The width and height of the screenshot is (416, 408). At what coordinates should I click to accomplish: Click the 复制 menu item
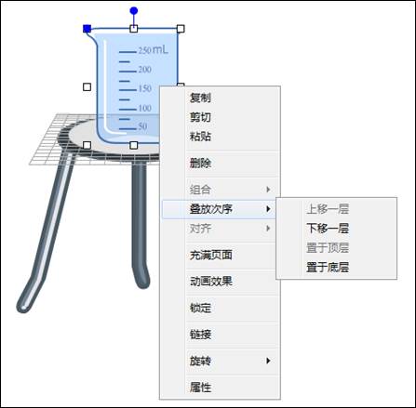coord(200,98)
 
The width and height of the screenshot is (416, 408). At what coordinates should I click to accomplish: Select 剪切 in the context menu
coord(200,117)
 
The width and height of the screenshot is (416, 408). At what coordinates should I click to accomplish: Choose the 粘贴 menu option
coord(200,137)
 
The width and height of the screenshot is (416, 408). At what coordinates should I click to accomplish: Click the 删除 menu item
coord(200,163)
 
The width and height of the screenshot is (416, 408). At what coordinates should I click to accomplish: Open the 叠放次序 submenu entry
coord(211,209)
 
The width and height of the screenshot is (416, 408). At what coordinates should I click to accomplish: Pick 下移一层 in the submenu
coord(328,229)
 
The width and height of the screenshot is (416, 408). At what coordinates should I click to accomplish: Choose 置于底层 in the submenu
coord(328,267)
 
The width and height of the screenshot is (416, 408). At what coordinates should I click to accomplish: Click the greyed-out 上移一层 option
coord(328,209)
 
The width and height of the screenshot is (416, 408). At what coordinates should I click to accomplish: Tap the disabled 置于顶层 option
coord(328,248)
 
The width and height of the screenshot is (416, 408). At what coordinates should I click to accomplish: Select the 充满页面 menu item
coord(211,255)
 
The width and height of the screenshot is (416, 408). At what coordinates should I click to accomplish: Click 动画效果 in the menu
coord(211,282)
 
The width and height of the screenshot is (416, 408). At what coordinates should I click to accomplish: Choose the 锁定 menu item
coord(200,308)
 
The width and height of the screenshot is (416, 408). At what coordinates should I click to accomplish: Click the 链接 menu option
coord(200,335)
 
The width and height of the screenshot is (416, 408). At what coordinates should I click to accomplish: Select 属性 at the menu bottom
coord(200,388)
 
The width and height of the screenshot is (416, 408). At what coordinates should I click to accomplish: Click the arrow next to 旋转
coord(268,361)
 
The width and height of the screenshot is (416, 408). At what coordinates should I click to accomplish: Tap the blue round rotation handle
coord(134,11)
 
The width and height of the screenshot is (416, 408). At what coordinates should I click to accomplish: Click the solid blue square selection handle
coord(87,29)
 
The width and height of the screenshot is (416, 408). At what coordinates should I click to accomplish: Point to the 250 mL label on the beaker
coord(154,49)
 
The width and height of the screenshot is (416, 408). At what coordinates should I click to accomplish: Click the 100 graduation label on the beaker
coord(145,108)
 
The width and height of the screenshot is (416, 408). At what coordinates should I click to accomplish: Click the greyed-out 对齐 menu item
coord(200,229)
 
